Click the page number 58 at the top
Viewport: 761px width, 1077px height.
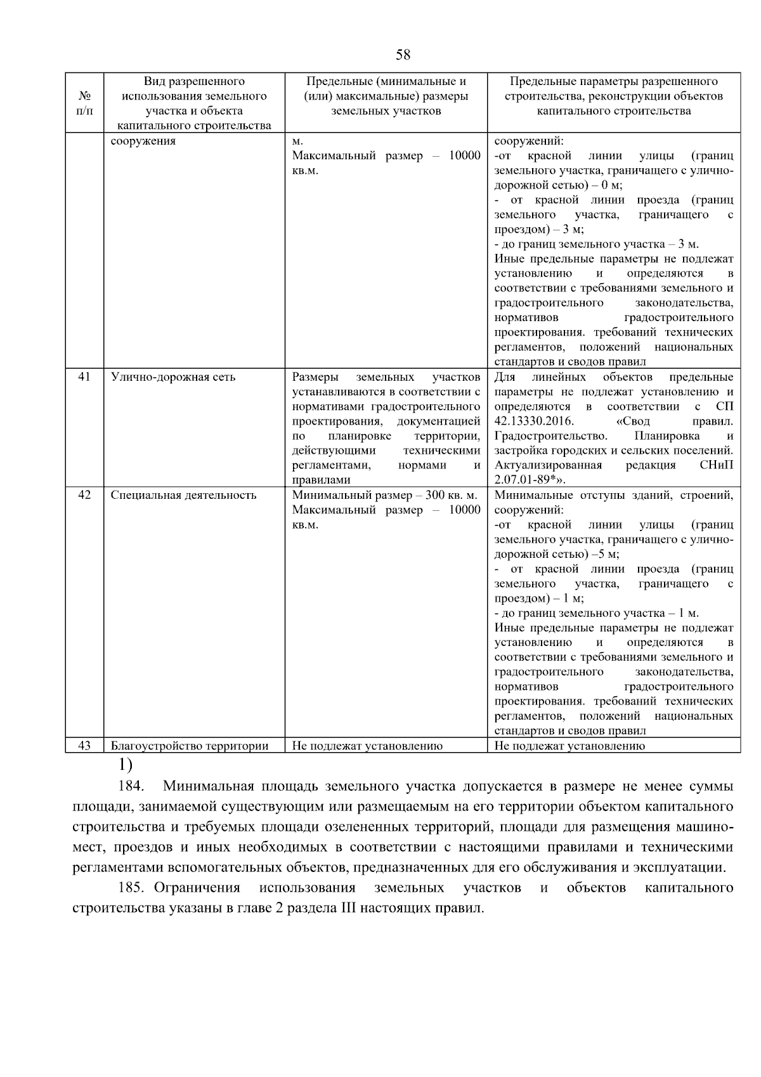click(x=403, y=55)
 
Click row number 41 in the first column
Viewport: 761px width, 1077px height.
click(x=84, y=377)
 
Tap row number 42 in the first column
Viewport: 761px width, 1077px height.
click(x=84, y=495)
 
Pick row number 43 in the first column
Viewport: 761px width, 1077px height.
click(x=84, y=746)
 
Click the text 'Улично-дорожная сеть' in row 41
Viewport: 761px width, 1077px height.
click(x=172, y=377)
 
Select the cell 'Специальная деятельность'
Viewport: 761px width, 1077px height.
click(x=183, y=495)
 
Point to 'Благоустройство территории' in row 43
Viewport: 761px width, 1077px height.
click(x=190, y=746)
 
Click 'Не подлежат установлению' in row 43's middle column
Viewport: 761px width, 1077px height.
click(x=367, y=746)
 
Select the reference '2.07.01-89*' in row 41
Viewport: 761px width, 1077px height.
click(x=526, y=480)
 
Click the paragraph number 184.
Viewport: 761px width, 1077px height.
click(x=132, y=787)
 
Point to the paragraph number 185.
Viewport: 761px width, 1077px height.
click(x=132, y=887)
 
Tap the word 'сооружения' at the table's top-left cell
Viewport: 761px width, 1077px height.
click(x=143, y=141)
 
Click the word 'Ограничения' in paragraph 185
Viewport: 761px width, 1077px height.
click(x=197, y=887)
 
